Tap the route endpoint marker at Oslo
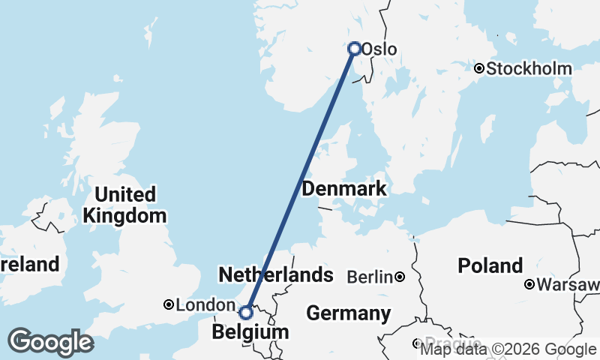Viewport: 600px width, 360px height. click(355, 48)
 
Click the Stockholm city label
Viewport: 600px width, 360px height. click(529, 69)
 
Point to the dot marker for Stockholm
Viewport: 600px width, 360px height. click(478, 69)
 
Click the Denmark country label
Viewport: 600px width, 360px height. click(343, 189)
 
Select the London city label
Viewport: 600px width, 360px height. click(205, 305)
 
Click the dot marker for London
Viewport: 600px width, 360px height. click(169, 304)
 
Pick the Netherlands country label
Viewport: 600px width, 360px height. click(275, 274)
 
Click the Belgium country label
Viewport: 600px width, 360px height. click(250, 331)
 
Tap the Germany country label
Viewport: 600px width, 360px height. click(349, 313)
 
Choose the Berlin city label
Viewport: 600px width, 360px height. click(370, 277)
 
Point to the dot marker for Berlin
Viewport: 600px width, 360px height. click(400, 277)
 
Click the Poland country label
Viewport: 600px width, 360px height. click(490, 265)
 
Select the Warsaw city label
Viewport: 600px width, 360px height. click(568, 285)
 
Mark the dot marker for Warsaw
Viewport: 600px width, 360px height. click(529, 284)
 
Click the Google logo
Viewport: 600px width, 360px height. click(50, 342)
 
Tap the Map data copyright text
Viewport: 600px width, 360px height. click(508, 349)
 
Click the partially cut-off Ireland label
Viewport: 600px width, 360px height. click(29, 264)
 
